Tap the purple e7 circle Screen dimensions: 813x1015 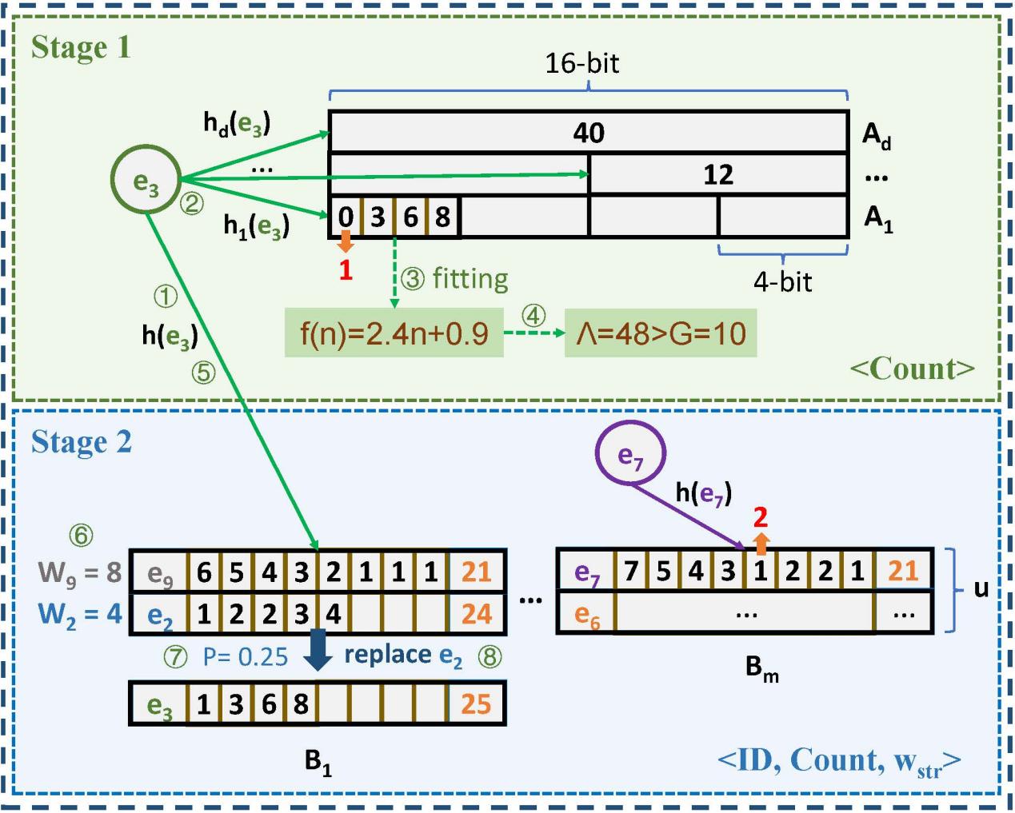pyautogui.click(x=630, y=454)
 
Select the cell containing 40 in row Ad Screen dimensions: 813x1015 pyautogui.click(x=589, y=132)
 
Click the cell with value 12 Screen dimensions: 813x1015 pyautogui.click(x=718, y=174)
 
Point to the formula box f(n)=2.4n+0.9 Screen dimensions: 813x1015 pyautogui.click(x=394, y=333)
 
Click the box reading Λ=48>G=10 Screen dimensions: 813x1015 pyautogui.click(x=661, y=333)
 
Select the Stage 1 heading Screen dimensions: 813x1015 pyautogui.click(x=81, y=48)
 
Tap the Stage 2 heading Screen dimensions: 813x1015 pyautogui.click(x=82, y=442)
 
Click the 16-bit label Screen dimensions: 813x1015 pyautogui.click(x=582, y=64)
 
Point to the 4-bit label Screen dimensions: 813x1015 pyautogui.click(x=782, y=281)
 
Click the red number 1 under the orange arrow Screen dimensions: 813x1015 pyautogui.click(x=346, y=270)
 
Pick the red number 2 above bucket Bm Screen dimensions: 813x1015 pyautogui.click(x=761, y=517)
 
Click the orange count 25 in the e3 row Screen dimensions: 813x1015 pyautogui.click(x=476, y=703)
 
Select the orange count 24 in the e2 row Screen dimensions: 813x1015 pyautogui.click(x=477, y=614)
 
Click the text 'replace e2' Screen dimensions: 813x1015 pyautogui.click(x=403, y=656)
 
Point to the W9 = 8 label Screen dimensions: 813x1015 pyautogui.click(x=79, y=572)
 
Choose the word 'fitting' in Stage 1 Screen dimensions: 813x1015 pyautogui.click(x=470, y=278)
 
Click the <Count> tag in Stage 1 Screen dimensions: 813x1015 pyautogui.click(x=913, y=369)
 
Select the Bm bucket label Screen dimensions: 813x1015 pyautogui.click(x=761, y=668)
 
